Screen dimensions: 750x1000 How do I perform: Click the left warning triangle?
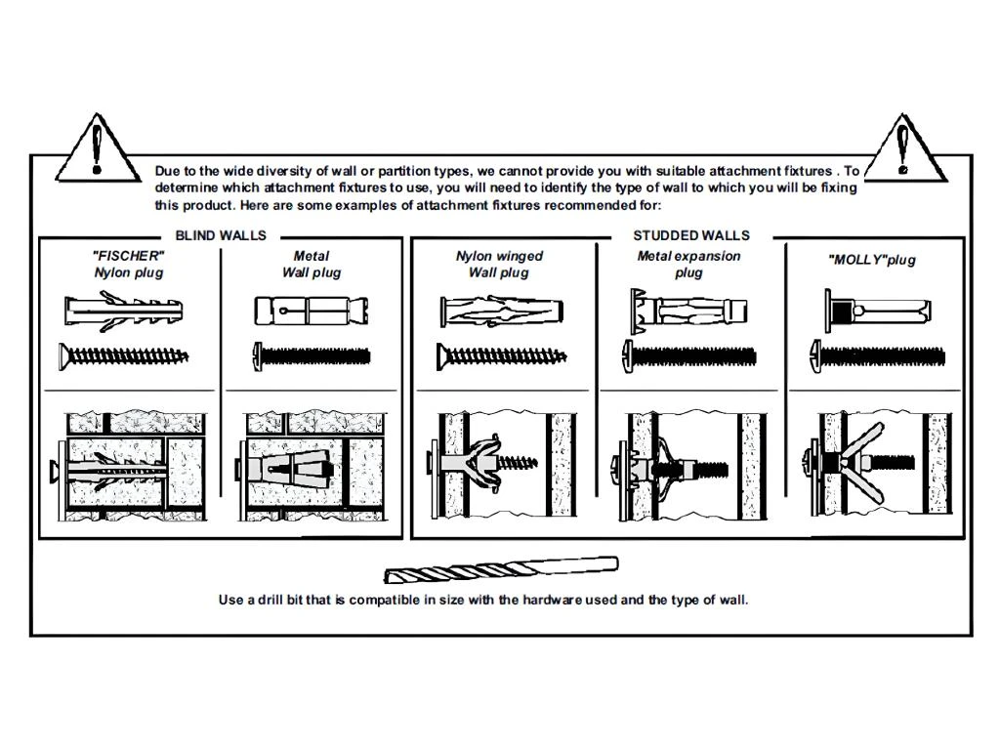tap(96, 149)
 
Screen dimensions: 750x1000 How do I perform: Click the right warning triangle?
tap(902, 149)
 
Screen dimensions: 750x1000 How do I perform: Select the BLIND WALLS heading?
tap(221, 235)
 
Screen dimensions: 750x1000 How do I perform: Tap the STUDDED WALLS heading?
tap(691, 235)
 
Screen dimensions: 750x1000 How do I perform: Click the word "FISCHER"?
tap(128, 256)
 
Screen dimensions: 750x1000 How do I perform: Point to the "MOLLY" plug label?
tap(872, 260)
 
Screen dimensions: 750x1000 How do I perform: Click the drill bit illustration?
tap(501, 569)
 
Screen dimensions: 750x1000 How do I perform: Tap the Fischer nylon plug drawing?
tap(124, 312)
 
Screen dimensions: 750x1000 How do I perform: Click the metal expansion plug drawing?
tap(689, 310)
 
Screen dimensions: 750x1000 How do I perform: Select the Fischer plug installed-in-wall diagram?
tap(125, 467)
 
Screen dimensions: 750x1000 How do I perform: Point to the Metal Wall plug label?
tap(312, 264)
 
